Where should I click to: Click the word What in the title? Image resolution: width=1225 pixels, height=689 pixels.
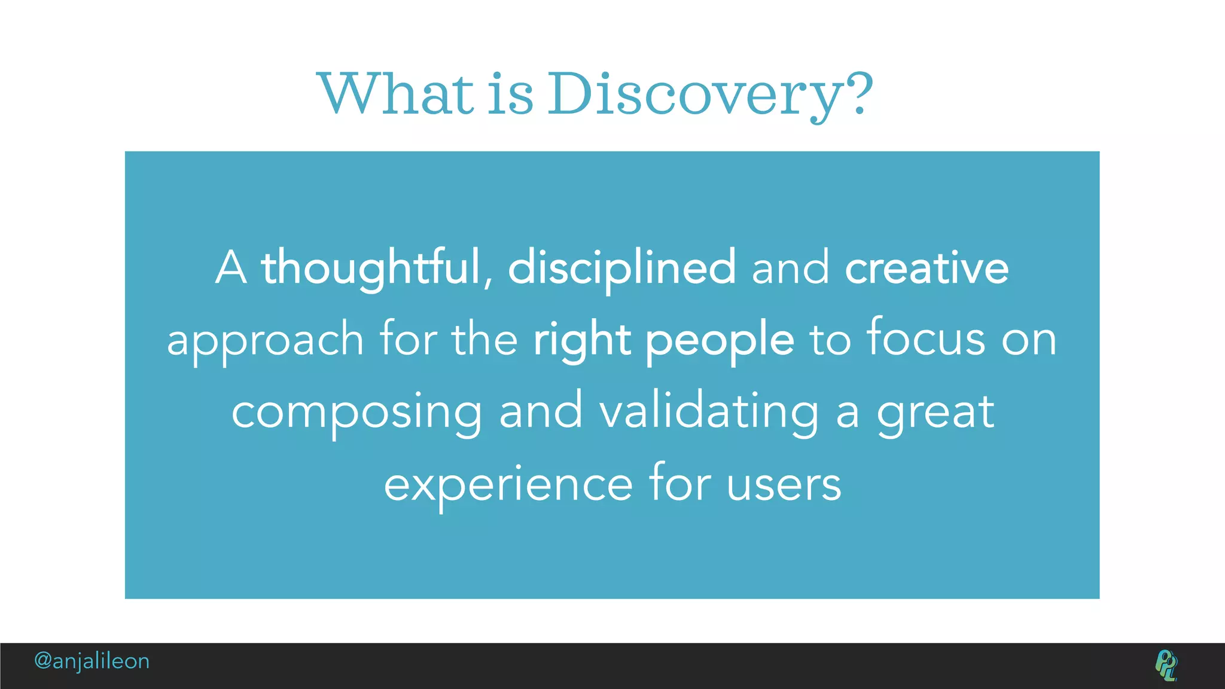395,94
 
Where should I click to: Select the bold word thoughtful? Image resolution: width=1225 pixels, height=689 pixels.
371,267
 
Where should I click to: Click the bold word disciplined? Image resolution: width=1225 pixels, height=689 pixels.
621,267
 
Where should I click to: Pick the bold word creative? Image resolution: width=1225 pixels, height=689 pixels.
927,267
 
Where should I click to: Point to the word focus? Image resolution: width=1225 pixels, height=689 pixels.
926,339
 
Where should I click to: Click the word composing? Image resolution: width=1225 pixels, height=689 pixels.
356,413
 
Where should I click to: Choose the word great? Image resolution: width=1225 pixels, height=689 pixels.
935,413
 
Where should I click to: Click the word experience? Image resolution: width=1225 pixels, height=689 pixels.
508,484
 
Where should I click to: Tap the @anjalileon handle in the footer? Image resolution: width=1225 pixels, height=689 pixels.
92,661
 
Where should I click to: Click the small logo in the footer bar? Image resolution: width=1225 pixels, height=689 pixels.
1166,665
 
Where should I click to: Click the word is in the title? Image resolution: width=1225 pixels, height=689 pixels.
510,94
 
